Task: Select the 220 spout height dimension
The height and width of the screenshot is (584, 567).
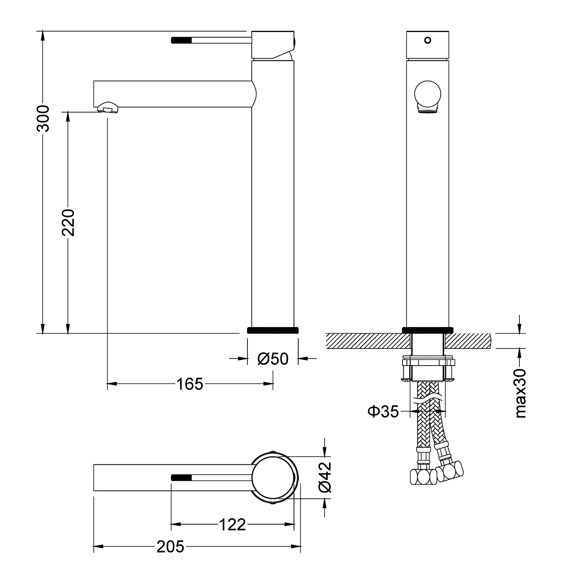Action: click(68, 223)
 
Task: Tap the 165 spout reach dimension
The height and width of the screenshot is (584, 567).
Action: click(190, 384)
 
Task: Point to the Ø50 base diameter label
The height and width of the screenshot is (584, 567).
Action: click(273, 359)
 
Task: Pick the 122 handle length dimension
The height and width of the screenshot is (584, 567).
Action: click(232, 525)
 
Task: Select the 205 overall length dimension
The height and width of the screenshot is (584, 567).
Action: click(170, 547)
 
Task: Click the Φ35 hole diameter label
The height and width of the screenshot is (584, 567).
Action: click(383, 411)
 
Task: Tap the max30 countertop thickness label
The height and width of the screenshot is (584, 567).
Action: click(520, 393)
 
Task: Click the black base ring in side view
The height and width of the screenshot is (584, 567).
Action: click(273, 330)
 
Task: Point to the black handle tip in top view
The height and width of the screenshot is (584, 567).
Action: click(182, 477)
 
